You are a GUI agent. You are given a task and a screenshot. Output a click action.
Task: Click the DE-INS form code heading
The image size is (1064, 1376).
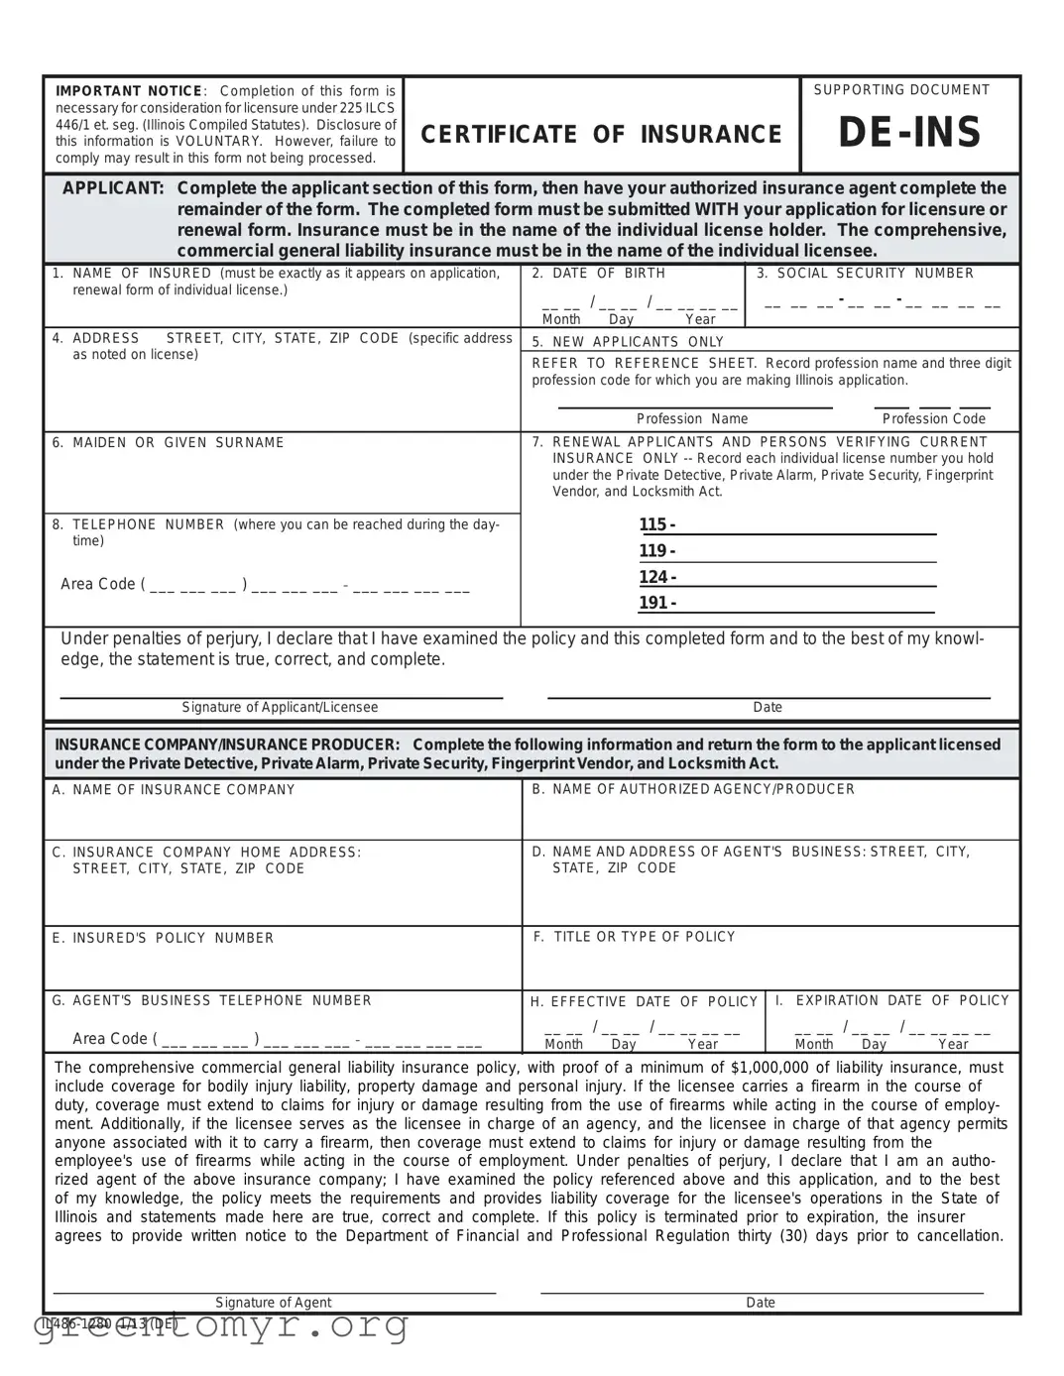(909, 133)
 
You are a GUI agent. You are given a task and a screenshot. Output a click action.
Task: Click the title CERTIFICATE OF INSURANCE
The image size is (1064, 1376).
(602, 135)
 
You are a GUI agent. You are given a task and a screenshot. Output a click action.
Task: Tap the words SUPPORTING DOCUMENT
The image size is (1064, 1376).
(901, 90)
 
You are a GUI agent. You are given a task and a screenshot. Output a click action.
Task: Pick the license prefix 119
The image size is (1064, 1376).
(656, 551)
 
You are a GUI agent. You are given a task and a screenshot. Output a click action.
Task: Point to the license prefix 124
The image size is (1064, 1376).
(656, 577)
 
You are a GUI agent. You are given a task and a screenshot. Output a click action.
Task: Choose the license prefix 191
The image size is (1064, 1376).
(656, 603)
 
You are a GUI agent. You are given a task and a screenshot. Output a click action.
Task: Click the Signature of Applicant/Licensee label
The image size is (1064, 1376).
(280, 707)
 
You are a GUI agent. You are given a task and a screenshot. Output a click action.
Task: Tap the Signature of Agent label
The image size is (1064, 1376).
(274, 1303)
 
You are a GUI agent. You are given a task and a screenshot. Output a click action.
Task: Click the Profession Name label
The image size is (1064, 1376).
(692, 418)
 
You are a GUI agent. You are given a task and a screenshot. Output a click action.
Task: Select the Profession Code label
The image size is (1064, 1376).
(934, 418)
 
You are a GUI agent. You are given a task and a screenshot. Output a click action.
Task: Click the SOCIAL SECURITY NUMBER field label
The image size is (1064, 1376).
(875, 274)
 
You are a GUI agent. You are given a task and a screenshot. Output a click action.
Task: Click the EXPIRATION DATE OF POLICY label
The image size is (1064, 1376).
(901, 1000)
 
